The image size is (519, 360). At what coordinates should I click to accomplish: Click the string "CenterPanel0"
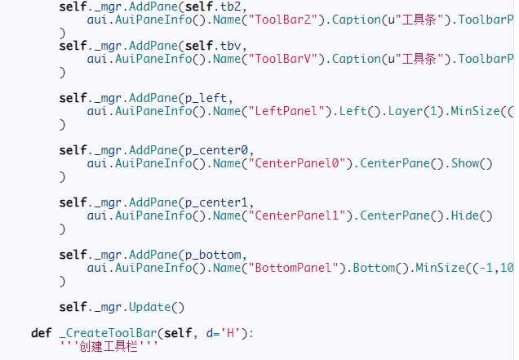click(x=259, y=164)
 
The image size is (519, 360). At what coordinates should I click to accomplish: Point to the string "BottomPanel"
click(x=255, y=268)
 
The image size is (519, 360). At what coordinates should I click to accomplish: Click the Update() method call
click(x=155, y=307)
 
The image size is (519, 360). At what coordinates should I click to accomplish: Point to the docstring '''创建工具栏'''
click(x=106, y=347)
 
